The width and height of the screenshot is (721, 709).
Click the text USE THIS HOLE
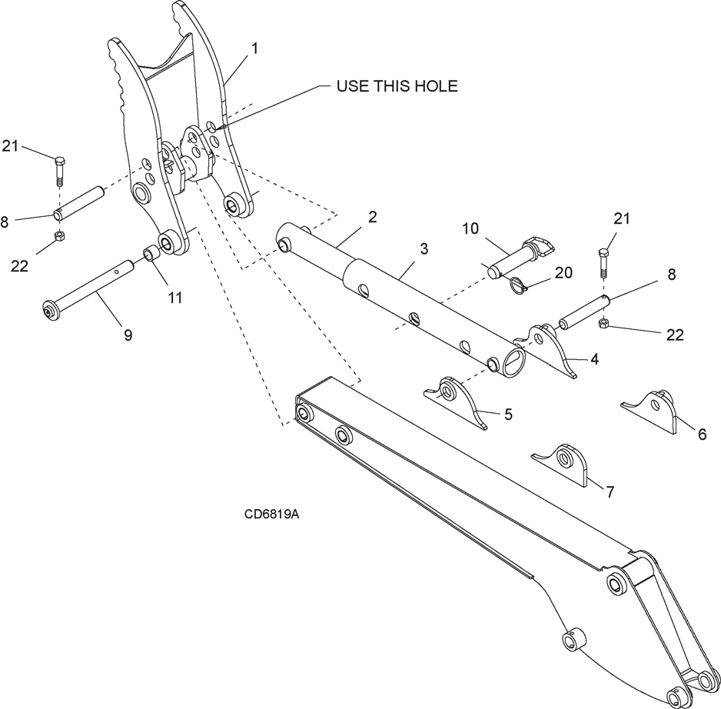397,86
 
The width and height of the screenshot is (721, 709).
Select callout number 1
254,48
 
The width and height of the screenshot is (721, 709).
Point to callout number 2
372,218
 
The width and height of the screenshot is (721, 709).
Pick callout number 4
595,358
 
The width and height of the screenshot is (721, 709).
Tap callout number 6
701,434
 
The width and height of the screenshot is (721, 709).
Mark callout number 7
610,492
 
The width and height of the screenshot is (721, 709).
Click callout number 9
128,335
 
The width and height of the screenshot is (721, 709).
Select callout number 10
470,228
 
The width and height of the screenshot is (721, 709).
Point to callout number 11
176,298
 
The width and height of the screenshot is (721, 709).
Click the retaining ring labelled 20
519,284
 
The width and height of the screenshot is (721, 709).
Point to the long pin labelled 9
85,291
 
